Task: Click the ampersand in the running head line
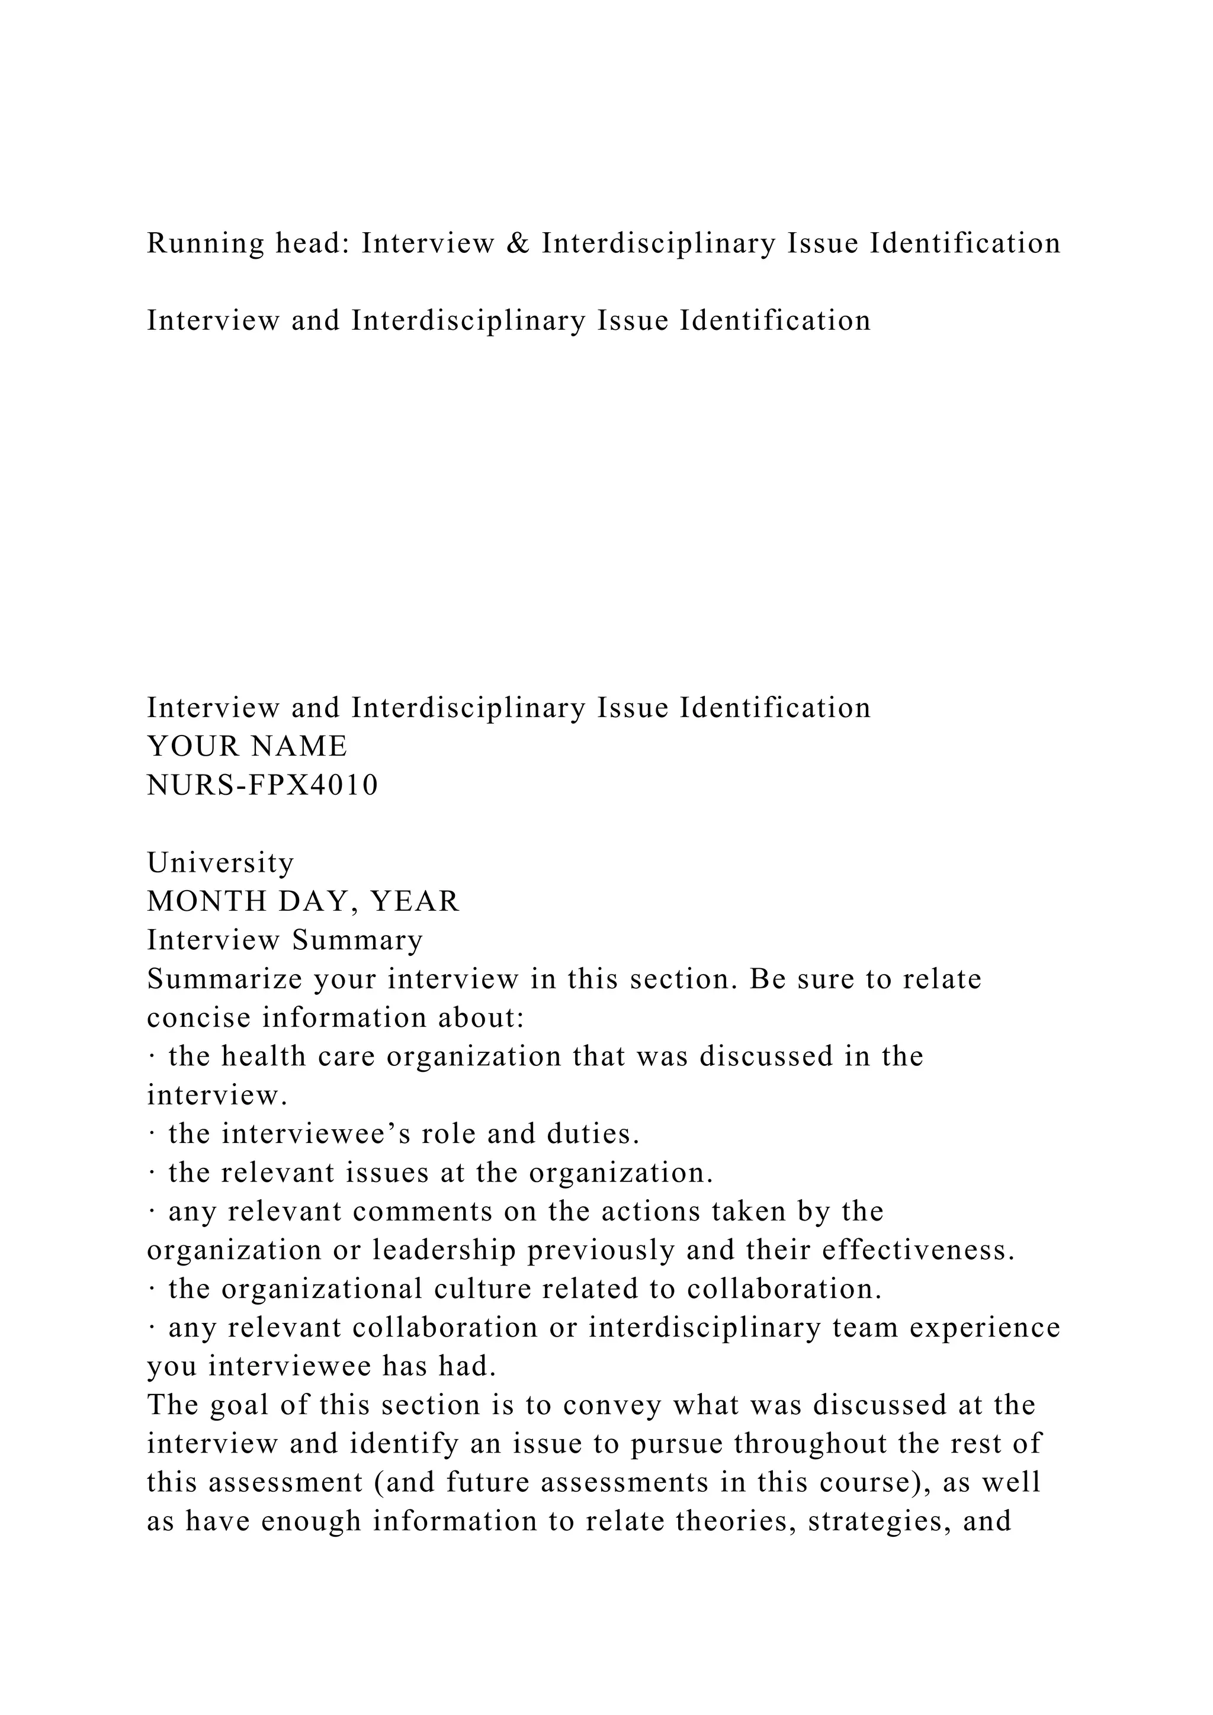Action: tap(517, 243)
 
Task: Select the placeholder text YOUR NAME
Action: tap(247, 746)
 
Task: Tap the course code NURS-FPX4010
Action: tap(263, 785)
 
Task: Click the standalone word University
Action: tap(221, 863)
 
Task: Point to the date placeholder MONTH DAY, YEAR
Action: tap(303, 901)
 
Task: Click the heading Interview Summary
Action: tap(284, 940)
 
